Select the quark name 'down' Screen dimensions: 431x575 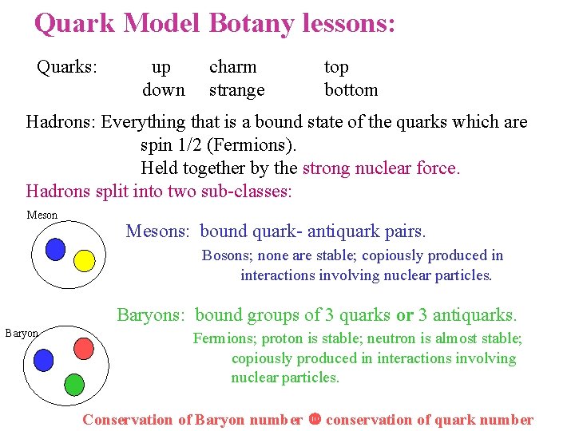coord(163,90)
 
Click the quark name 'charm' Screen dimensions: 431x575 coord(232,68)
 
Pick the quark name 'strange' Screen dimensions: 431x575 coord(236,90)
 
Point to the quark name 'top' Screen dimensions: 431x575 coord(336,68)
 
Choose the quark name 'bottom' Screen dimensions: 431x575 coord(351,90)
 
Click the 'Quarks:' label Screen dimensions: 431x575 coord(67,68)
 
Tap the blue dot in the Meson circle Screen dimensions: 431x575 coord(55,250)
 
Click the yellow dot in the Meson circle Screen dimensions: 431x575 coord(84,260)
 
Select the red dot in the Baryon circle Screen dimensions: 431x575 coord(85,347)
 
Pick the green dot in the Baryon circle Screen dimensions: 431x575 coord(73,385)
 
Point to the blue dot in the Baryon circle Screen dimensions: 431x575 coord(43,360)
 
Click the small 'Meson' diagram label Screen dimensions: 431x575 coord(42,215)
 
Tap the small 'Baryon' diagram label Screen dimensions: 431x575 coord(22,333)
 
